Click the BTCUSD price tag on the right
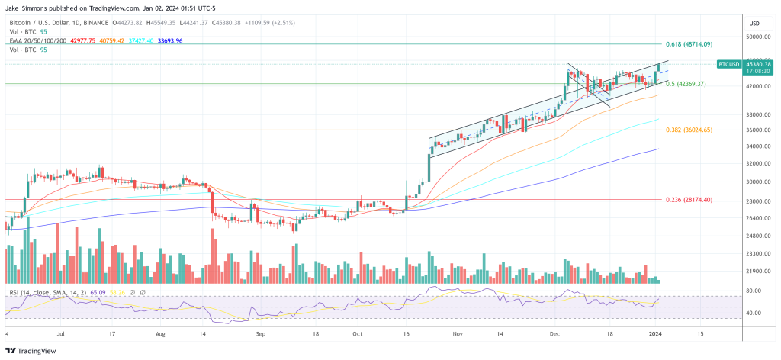[x=734, y=65]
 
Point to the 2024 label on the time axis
[x=655, y=334]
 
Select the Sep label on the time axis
[x=260, y=334]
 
